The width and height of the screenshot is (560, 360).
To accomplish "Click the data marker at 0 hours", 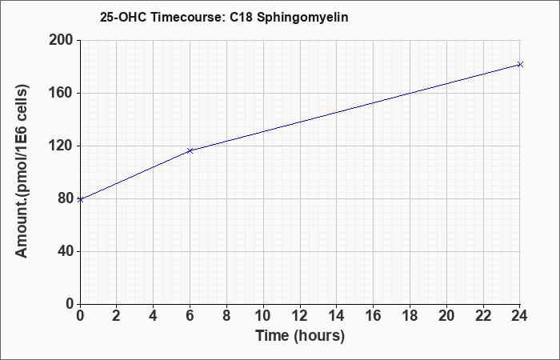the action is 80,200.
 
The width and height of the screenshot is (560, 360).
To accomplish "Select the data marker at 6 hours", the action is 190,150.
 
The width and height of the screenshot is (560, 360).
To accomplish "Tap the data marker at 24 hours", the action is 520,64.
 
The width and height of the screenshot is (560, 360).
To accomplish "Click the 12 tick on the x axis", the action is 300,316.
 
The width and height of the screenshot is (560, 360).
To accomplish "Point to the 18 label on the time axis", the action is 410,316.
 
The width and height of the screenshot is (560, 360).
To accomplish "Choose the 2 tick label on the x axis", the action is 117,316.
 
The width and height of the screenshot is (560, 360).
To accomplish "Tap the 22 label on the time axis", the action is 483,316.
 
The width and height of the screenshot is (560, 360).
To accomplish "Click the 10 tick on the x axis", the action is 263,316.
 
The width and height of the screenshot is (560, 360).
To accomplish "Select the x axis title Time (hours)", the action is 300,336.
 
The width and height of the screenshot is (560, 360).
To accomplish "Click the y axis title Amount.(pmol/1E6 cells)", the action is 22,171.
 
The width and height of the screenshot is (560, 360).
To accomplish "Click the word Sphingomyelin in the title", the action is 302,18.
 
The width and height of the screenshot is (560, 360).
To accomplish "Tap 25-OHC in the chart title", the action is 123,17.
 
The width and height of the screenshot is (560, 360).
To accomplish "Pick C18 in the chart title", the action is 242,17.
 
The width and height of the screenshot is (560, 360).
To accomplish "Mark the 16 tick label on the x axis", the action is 374,316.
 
